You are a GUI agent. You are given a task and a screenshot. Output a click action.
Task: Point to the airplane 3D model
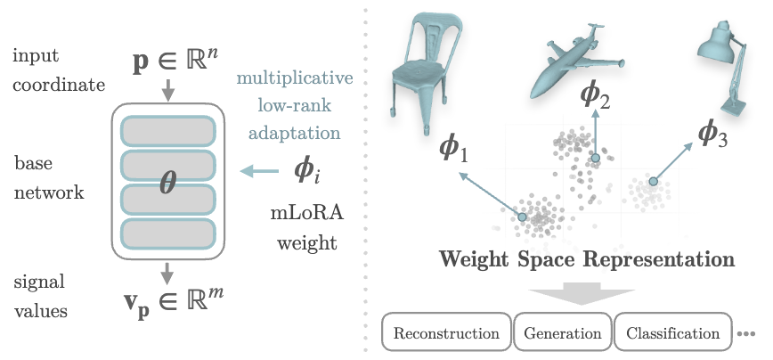click(x=577, y=61)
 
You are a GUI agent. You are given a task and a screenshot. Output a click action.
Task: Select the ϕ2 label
click(x=595, y=94)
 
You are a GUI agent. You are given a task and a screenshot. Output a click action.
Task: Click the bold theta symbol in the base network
click(x=168, y=184)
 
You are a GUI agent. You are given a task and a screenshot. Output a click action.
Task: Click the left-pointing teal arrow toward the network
click(x=259, y=172)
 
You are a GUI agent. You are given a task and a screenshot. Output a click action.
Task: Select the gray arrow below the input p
click(x=168, y=89)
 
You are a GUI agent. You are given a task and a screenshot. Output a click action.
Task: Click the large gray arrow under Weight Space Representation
click(x=582, y=293)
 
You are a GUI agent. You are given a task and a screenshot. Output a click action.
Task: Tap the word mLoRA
click(x=306, y=213)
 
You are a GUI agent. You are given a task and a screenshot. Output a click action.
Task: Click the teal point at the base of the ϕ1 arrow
click(x=522, y=217)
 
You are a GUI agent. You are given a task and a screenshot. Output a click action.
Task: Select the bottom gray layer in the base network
click(x=168, y=233)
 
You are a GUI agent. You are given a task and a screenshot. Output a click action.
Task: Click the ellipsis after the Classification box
click(x=746, y=334)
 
